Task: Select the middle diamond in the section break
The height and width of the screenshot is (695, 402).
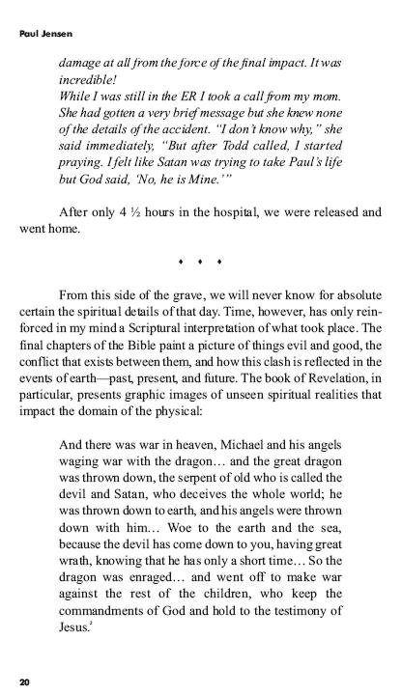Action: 200,261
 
